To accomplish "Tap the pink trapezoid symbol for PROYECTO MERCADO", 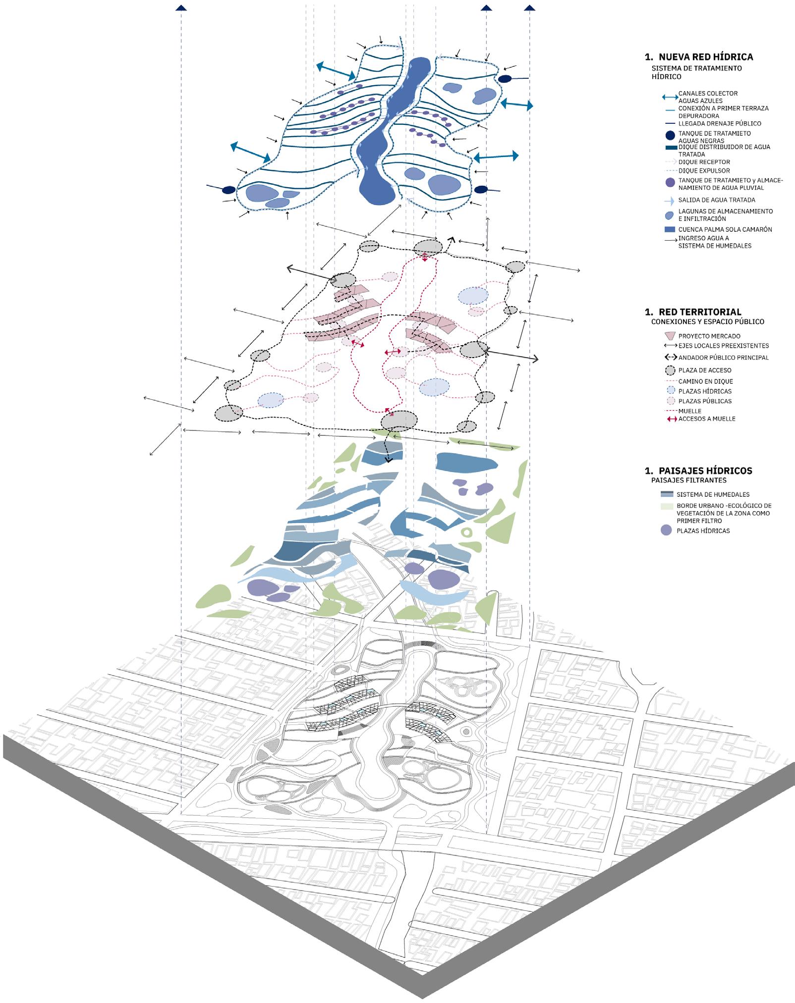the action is pos(670,336).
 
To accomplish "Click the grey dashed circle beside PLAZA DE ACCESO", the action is pos(670,370).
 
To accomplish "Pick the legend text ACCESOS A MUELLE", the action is pos(707,419).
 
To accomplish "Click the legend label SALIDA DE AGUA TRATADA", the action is pos(717,200).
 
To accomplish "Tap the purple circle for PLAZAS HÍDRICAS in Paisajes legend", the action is pos(667,530).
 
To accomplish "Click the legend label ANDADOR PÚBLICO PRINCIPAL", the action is pos(724,358).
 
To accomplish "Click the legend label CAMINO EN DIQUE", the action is pos(705,381).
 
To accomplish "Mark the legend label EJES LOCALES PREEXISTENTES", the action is pos(724,346).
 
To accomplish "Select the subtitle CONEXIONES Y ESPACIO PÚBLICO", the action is pos(708,321).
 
